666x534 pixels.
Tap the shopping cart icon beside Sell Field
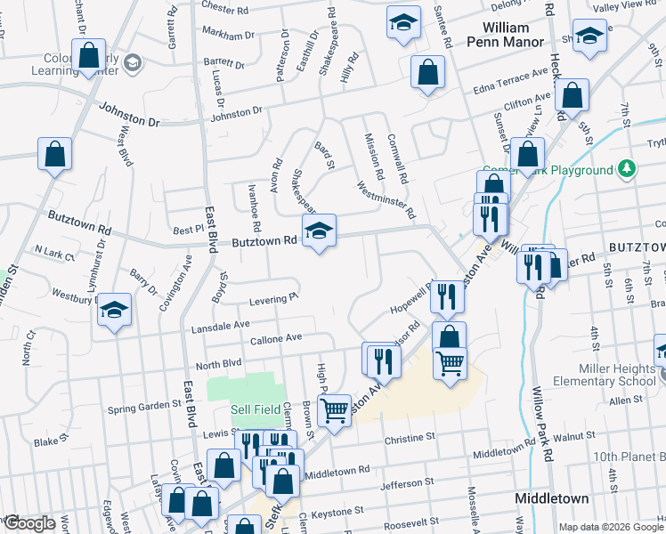click(334, 411)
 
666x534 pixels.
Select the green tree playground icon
click(627, 168)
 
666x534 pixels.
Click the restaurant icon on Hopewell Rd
click(447, 296)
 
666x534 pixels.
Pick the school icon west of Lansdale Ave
click(113, 311)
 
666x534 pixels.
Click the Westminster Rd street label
click(386, 200)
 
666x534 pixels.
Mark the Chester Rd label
click(224, 9)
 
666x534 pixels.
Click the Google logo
click(28, 523)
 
